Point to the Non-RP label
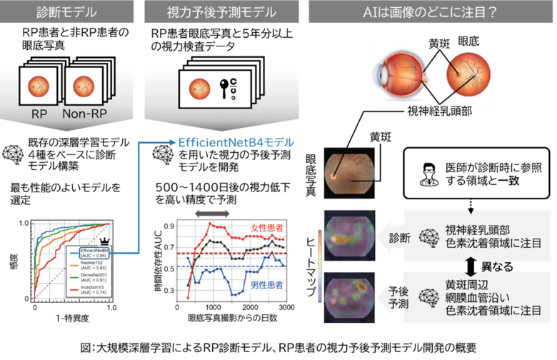coord(86,114)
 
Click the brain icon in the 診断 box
coord(431,236)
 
